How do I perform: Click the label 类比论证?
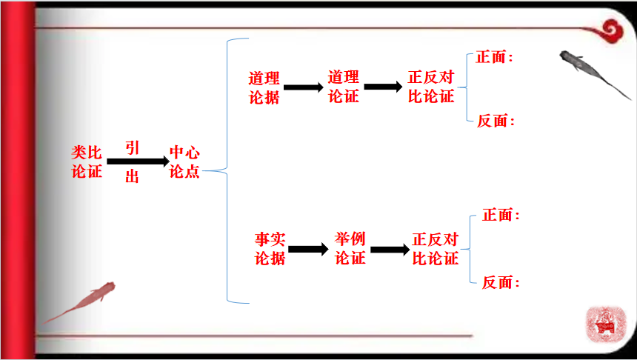click(87, 161)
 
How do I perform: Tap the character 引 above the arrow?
click(132, 147)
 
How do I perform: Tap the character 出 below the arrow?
click(132, 177)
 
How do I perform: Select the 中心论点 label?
click(184, 161)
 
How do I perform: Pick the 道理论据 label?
click(264, 87)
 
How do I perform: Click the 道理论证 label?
click(343, 87)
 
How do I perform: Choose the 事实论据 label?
click(270, 249)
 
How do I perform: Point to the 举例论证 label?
click(350, 249)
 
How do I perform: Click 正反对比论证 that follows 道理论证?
click(431, 87)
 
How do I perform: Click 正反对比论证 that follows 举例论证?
click(436, 249)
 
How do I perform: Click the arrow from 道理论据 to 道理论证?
click(304, 87)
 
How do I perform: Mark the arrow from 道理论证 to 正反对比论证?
click(383, 87)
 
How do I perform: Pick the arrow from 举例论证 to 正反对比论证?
click(390, 250)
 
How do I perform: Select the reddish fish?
click(81, 300)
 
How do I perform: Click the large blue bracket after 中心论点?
click(227, 170)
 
